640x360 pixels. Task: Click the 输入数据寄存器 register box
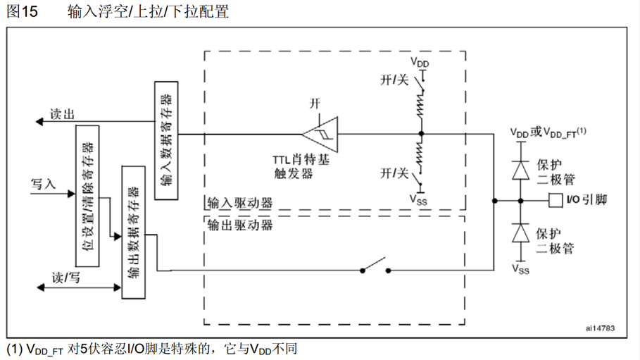pos(166,139)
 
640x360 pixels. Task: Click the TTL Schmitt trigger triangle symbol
pos(320,133)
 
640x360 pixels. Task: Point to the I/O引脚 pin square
pos(556,201)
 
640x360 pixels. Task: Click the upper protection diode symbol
pos(520,170)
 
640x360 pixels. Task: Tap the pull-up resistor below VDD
pos(422,107)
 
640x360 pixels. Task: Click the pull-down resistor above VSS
pos(422,154)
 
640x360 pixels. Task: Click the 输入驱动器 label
pos(239,204)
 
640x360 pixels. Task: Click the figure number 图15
pos(22,12)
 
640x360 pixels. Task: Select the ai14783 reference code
pos(600,328)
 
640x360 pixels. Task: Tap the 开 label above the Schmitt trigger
pos(315,104)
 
